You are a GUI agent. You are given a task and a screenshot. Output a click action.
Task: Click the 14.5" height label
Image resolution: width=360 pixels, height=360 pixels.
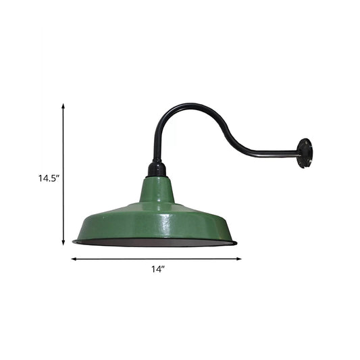coord(49,179)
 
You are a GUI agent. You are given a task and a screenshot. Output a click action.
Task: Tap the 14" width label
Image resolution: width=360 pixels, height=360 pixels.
coord(158,269)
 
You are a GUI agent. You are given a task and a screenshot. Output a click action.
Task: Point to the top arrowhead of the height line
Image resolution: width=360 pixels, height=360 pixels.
coord(63,106)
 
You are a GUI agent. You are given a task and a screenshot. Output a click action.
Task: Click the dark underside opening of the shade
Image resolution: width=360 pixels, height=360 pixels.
coord(157,241)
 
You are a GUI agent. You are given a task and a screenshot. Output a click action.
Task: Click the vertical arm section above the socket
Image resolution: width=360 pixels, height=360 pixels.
coord(155,145)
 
